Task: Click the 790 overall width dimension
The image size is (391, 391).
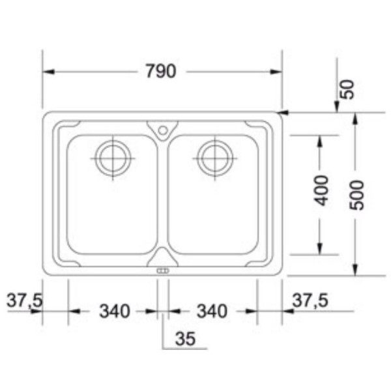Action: [x=161, y=71]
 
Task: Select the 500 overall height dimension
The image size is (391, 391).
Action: [x=356, y=195]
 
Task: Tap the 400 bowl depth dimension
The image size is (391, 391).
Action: [x=321, y=191]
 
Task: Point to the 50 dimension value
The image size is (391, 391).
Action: [x=347, y=89]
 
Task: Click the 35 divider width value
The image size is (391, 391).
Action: [x=185, y=338]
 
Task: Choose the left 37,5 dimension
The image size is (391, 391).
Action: [x=25, y=300]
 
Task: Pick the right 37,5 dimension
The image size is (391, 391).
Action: [x=310, y=300]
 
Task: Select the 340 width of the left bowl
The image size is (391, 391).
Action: [x=115, y=311]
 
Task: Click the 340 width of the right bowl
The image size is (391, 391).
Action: [x=212, y=311]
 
